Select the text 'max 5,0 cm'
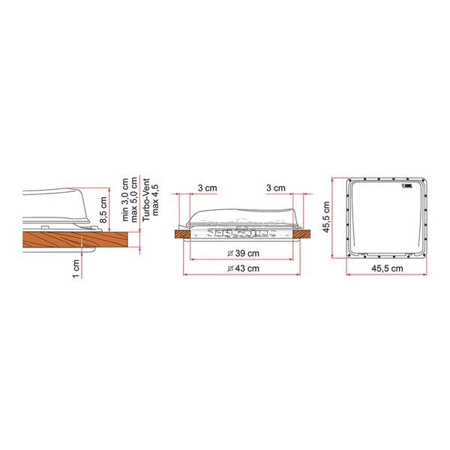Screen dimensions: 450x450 click(x=135, y=197)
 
